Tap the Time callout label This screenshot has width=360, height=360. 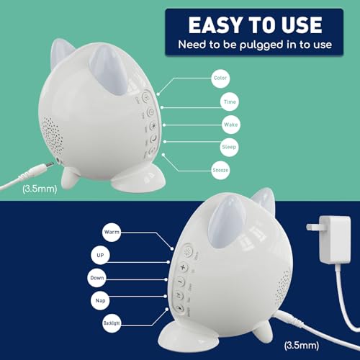tap(230, 104)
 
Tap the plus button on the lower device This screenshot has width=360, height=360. tap(184, 266)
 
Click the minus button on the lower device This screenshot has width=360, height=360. tap(181, 281)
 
